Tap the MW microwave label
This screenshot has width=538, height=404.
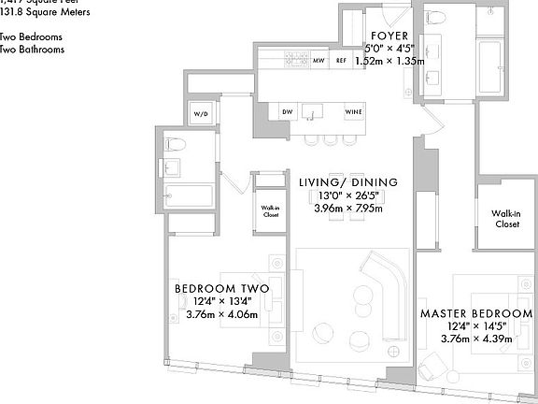(x=319, y=62)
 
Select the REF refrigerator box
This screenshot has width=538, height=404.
(x=342, y=62)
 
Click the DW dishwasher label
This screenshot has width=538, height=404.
(x=287, y=111)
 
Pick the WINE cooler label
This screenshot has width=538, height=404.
(x=353, y=111)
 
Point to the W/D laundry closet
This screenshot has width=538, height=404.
(x=202, y=113)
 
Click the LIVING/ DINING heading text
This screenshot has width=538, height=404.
(x=347, y=181)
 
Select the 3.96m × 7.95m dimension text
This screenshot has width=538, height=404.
(x=347, y=209)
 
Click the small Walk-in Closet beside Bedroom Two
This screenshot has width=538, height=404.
(x=270, y=211)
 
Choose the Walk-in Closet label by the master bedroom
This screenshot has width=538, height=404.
(x=505, y=219)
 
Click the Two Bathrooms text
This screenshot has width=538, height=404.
(x=33, y=49)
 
